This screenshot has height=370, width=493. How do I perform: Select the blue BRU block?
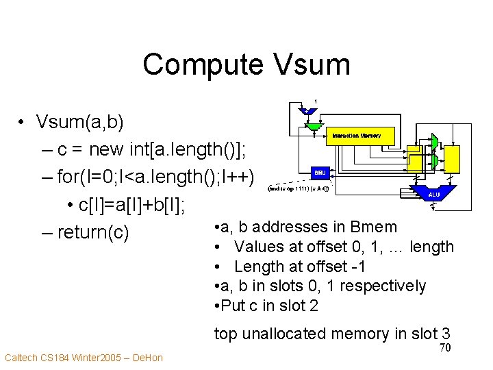[320, 173]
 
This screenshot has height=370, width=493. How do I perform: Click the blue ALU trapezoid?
[433, 193]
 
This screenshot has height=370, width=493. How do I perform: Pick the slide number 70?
[444, 348]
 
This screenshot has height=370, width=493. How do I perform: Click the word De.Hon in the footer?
[149, 358]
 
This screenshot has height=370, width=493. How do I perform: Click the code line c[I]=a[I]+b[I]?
[133, 205]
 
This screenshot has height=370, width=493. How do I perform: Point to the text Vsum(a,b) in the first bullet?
[80, 123]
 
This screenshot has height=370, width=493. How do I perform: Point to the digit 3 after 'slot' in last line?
[446, 334]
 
